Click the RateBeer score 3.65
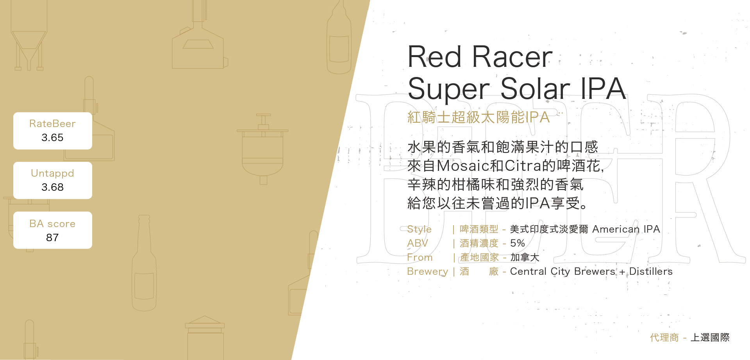pyautogui.click(x=52, y=138)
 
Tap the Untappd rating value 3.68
pyautogui.click(x=52, y=187)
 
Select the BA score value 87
pyautogui.click(x=52, y=238)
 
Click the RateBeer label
pyautogui.click(x=52, y=124)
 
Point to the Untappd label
pyautogui.click(x=52, y=174)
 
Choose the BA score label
pyautogui.click(x=52, y=224)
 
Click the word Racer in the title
pyautogui.click(x=512, y=57)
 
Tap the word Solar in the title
pyautogui.click(x=535, y=88)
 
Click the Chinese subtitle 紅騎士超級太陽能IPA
pyautogui.click(x=479, y=117)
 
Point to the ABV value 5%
pyautogui.click(x=518, y=243)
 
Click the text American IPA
pyautogui.click(x=626, y=229)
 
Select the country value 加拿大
pyautogui.click(x=525, y=257)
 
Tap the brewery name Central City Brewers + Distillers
pyautogui.click(x=591, y=271)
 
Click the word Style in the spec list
pyautogui.click(x=420, y=229)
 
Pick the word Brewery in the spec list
pyautogui.click(x=427, y=272)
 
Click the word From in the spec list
pyautogui.click(x=420, y=257)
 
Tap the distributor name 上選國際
pyautogui.click(x=710, y=337)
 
